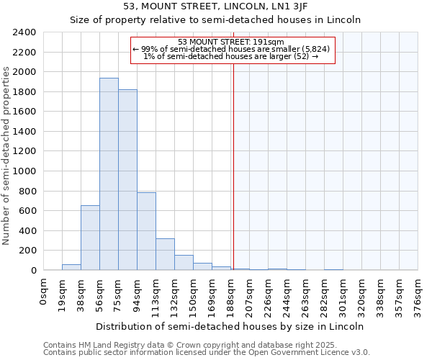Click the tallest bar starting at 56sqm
coord(109,174)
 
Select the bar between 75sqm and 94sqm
coord(127,179)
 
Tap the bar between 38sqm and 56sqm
coord(90,238)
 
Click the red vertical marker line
coord(233,166)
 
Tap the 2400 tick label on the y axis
coord(24,33)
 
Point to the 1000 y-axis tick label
coord(24,171)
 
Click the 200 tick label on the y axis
coord(27,251)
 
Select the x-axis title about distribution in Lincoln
coord(230,326)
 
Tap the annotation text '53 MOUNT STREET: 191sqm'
coord(231,42)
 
